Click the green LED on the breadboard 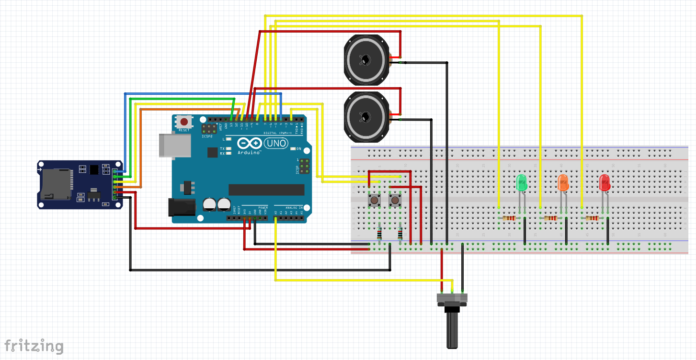pyautogui.click(x=521, y=183)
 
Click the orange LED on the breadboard pyautogui.click(x=563, y=183)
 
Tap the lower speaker pyautogui.click(x=366, y=117)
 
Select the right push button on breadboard pyautogui.click(x=395, y=200)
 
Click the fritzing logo pyautogui.click(x=34, y=346)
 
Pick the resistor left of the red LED pyautogui.click(x=592, y=218)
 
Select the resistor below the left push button pyautogui.click(x=380, y=234)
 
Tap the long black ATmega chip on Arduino pyautogui.click(x=266, y=190)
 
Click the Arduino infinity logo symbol pyautogui.click(x=249, y=143)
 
